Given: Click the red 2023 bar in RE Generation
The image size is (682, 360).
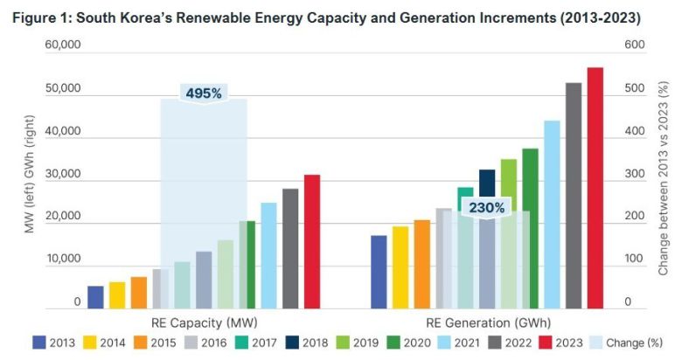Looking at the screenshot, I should tap(595, 188).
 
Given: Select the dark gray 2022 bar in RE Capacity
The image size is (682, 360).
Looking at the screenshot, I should tap(289, 248).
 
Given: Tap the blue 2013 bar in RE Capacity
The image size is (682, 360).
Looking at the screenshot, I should tap(95, 296).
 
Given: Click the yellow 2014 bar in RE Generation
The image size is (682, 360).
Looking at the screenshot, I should tap(400, 267).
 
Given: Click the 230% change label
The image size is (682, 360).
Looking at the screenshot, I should tap(486, 208).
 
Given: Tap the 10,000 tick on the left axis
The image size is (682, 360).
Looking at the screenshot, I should tap(63, 260).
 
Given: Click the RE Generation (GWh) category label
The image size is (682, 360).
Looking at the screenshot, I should tap(487, 322).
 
